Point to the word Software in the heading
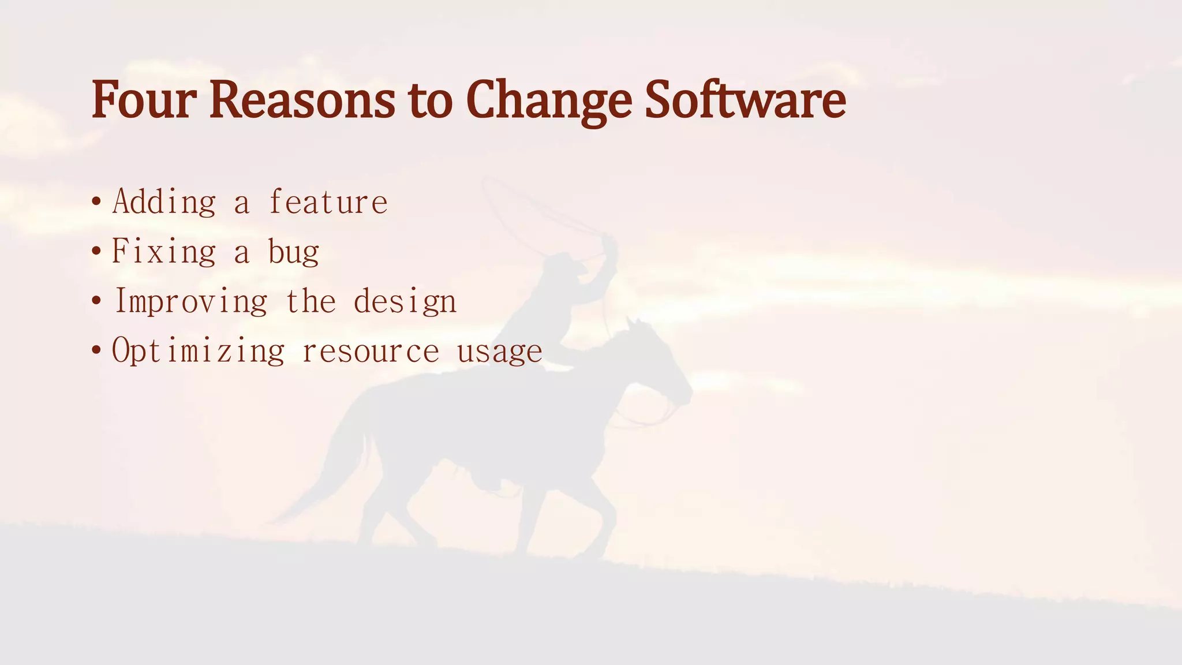pos(745,100)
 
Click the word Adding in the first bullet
pos(164,202)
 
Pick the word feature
pos(328,202)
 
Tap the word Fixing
pos(164,252)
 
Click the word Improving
pos(191,302)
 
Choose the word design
pos(405,302)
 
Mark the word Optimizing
pos(198,351)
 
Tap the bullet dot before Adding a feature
pos(96,203)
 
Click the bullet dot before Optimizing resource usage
pos(96,351)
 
